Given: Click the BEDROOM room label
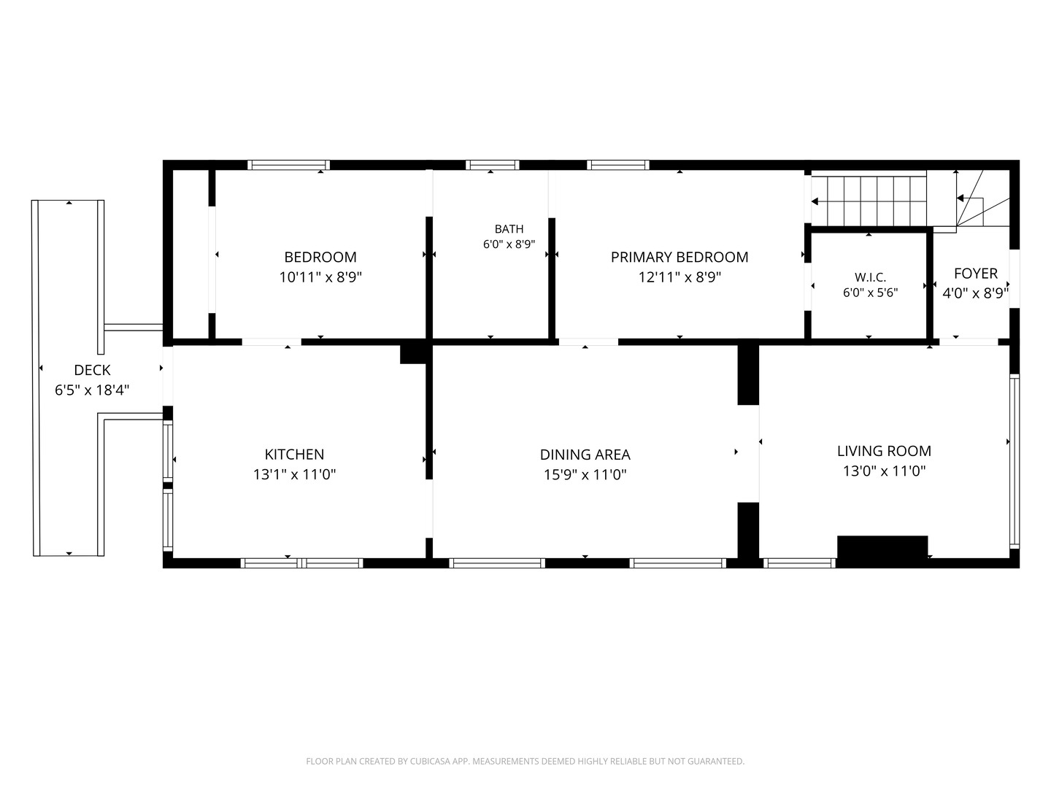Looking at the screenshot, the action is [x=320, y=257].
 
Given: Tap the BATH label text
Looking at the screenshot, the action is [x=509, y=228].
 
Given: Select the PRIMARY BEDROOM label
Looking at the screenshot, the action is [x=679, y=257].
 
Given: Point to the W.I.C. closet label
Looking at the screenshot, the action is [x=870, y=277].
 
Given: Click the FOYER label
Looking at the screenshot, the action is [x=975, y=273].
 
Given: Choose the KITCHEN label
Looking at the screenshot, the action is [x=294, y=454].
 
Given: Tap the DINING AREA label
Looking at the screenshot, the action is [x=585, y=454].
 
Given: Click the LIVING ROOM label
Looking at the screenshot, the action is [x=884, y=451].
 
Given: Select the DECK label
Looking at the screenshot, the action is [x=92, y=370].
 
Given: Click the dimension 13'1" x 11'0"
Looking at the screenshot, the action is [x=294, y=474].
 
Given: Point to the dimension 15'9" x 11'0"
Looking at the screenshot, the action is [x=585, y=474].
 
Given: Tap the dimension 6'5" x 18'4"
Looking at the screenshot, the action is [x=92, y=390].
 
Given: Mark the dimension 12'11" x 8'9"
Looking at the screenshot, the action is [x=679, y=277].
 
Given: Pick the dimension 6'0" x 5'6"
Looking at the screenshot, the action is [x=870, y=293].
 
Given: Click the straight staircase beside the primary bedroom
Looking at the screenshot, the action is [x=869, y=201].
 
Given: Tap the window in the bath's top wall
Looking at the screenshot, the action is [x=492, y=165].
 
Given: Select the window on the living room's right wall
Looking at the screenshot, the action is [x=1014, y=461].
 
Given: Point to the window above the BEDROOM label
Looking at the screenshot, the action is [x=289, y=165].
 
